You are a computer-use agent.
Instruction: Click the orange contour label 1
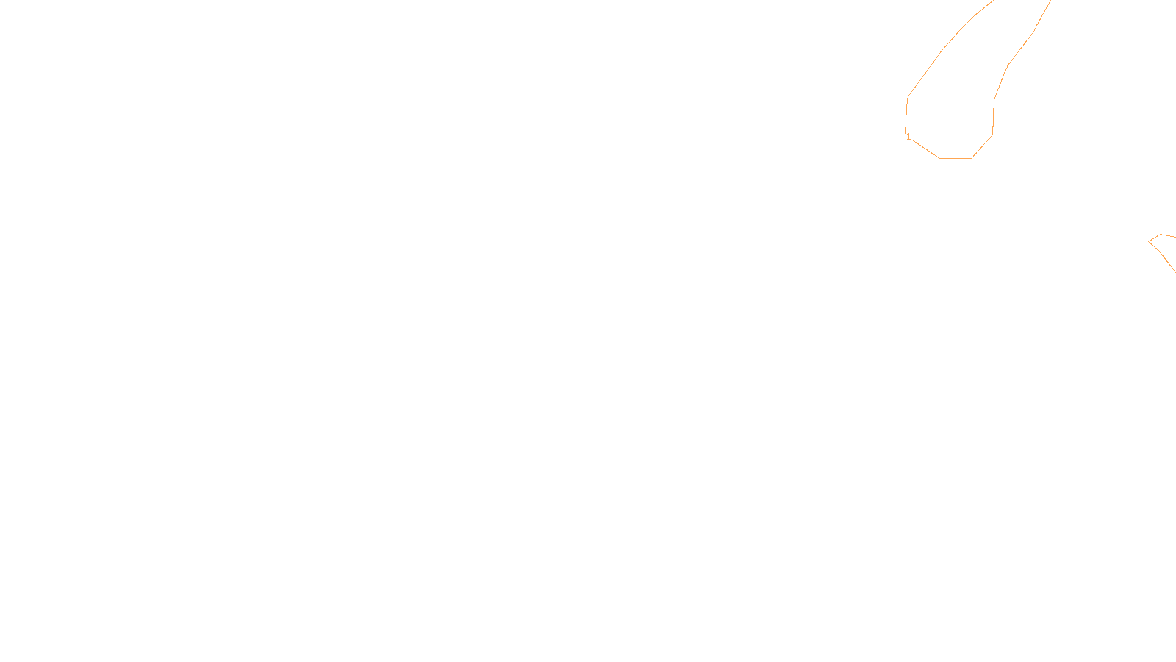coord(909,137)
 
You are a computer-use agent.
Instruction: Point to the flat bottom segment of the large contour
coord(955,158)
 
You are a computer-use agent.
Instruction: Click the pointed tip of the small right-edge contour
coord(1150,241)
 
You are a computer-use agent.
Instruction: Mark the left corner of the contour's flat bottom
coord(939,158)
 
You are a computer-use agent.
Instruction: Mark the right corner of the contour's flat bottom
coord(972,158)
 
